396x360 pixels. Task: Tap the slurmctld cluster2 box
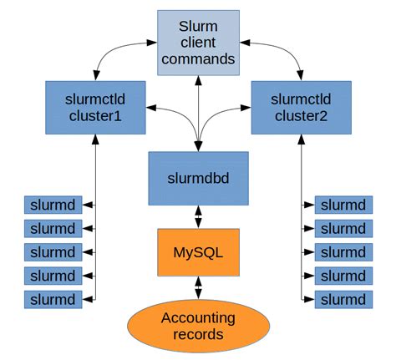[x=298, y=108]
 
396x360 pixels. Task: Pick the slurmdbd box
[x=198, y=178]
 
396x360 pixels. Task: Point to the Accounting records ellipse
[x=198, y=326]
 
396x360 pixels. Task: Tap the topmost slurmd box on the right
[x=343, y=205]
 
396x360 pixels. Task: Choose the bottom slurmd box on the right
[x=343, y=299]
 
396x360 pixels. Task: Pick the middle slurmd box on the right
[x=343, y=252]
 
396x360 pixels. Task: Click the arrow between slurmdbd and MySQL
[x=198, y=216]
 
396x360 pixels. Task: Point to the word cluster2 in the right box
[x=298, y=117]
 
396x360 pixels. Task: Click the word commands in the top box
[x=197, y=58]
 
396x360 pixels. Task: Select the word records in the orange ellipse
[x=198, y=334]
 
